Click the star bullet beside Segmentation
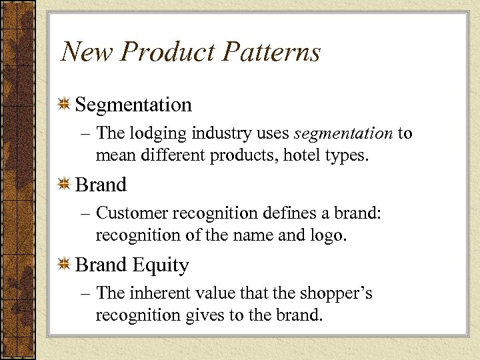coord(65,105)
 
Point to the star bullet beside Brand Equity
coord(65,265)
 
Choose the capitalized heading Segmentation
coord(133,105)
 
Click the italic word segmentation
coord(343,133)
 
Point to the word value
coord(213,293)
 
